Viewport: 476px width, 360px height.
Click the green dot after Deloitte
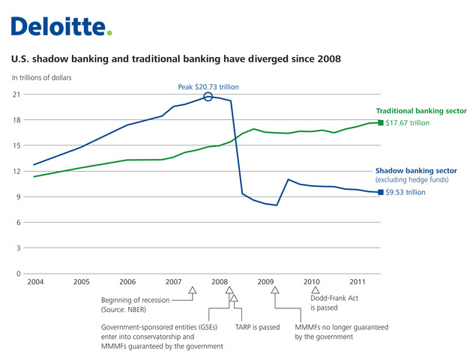(109, 33)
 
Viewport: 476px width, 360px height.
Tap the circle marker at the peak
(208, 96)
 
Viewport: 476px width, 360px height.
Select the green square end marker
(380, 122)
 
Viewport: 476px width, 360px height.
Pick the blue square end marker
(380, 193)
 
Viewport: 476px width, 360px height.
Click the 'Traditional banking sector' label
(421, 110)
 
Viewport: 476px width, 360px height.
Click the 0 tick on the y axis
(18, 274)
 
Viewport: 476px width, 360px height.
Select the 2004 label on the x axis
(35, 282)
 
